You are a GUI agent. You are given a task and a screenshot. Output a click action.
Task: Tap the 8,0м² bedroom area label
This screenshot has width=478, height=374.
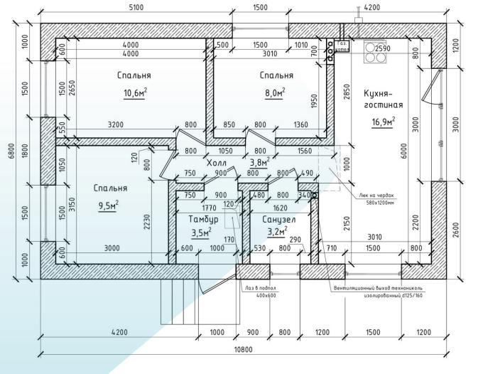276,92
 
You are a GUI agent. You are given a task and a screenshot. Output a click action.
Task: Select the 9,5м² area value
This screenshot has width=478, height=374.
109,205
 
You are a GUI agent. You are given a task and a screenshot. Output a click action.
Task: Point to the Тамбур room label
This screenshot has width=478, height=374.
203,219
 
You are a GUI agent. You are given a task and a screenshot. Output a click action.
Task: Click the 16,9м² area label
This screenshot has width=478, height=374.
383,121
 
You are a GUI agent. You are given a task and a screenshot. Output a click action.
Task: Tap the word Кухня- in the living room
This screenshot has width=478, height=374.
384,92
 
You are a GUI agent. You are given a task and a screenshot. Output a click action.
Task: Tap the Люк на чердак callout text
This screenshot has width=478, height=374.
375,194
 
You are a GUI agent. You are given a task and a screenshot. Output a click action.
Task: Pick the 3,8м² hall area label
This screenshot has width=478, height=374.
260,163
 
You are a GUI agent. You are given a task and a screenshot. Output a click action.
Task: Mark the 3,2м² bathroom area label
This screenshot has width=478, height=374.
276,232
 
